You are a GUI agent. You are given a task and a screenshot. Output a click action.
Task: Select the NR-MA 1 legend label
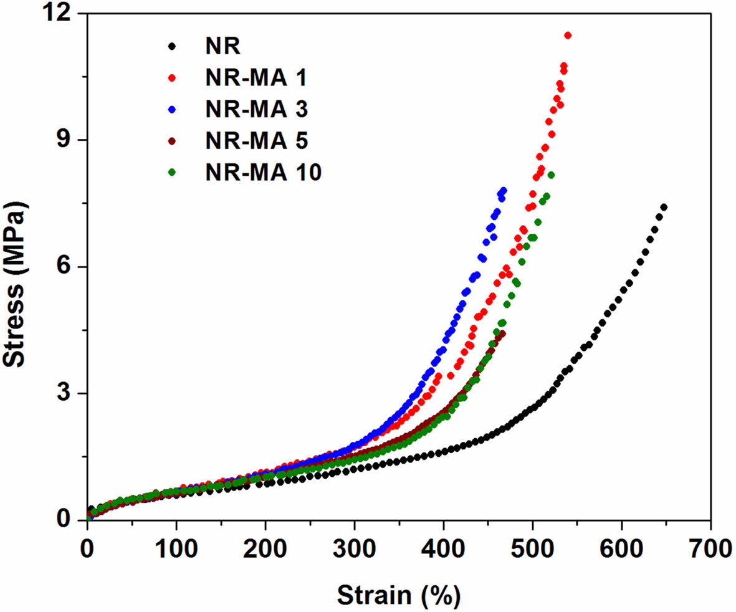click(256, 78)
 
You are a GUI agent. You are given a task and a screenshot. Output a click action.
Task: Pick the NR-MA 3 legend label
click(256, 109)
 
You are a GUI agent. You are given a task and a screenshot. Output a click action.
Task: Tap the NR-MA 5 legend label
click(256, 140)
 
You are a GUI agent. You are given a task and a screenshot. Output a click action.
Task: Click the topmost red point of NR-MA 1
click(568, 36)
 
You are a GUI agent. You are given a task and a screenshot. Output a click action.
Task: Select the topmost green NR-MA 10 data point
click(551, 175)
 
